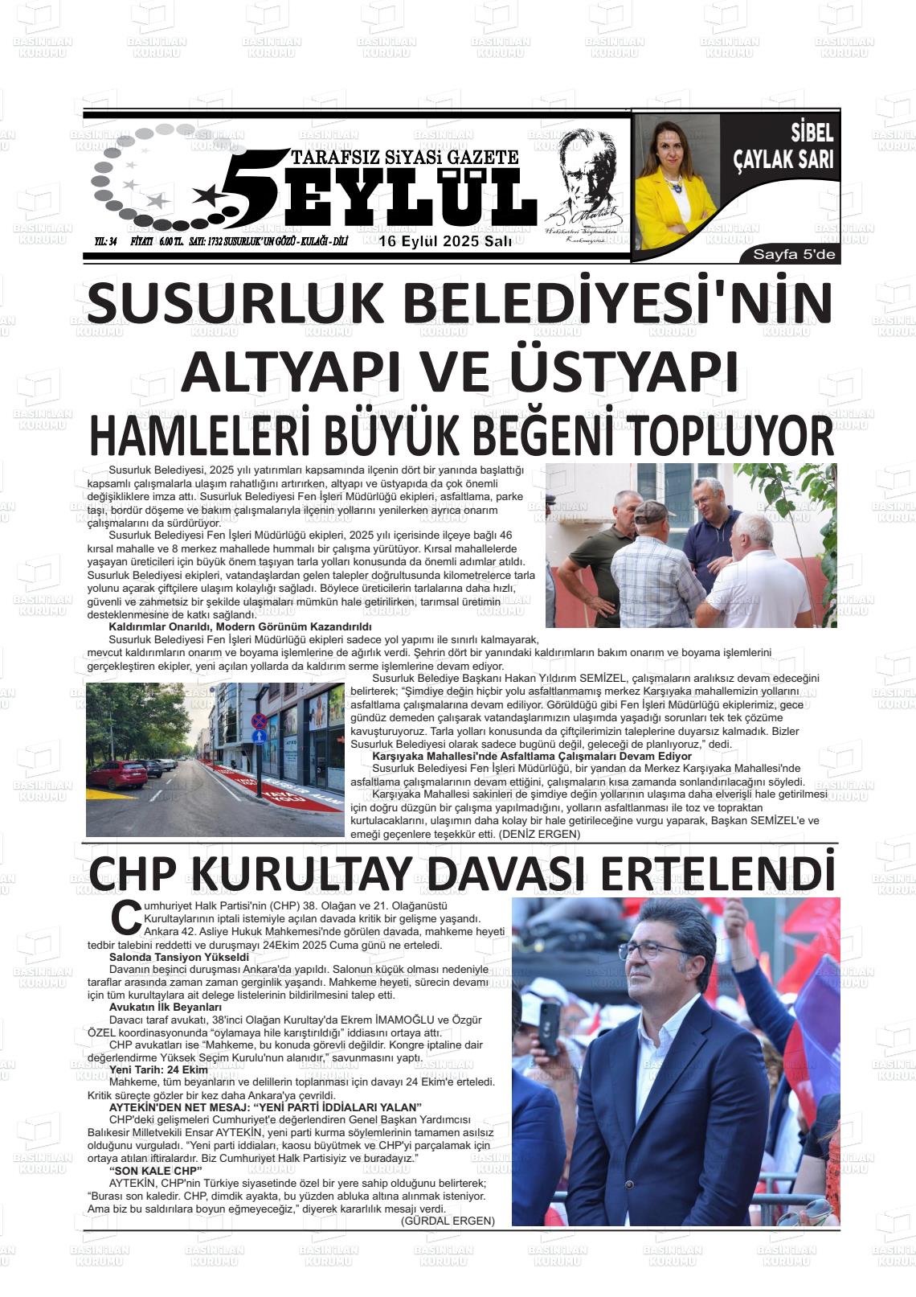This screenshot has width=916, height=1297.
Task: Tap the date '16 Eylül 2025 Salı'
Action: [x=446, y=242]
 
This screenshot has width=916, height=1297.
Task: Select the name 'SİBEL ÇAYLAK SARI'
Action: [x=783, y=148]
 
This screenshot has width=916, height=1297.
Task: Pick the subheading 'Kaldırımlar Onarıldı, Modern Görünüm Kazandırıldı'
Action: [x=239, y=626]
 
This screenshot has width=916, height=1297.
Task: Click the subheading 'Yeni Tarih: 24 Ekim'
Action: [x=158, y=1069]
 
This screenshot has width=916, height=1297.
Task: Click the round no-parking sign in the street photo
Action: [x=259, y=721]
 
